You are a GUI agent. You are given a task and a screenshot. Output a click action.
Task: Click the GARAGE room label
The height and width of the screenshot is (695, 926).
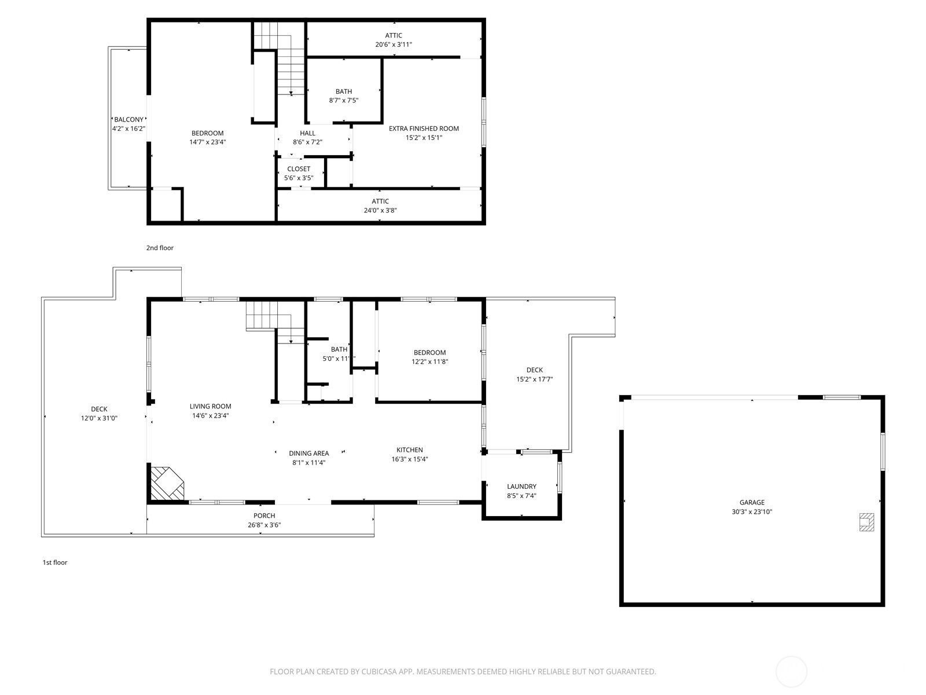pos(752,502)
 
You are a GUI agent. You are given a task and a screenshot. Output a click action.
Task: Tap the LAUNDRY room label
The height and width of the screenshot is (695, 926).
pos(521,486)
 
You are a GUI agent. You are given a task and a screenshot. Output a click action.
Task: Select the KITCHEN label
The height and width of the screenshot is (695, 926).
pos(409,450)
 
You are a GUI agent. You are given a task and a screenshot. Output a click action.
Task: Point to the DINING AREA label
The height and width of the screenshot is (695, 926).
pos(309,453)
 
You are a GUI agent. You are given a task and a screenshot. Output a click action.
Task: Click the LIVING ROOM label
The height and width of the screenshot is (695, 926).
pos(210,407)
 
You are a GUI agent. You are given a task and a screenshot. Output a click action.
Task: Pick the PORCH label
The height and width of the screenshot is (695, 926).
pos(264,515)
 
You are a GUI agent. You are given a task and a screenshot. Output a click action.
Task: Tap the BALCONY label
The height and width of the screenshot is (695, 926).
pos(128,119)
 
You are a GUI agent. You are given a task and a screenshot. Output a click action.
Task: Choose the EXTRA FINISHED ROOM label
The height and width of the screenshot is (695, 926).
pos(424,128)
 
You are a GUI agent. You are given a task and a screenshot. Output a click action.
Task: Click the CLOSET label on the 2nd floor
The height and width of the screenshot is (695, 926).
pos(299,169)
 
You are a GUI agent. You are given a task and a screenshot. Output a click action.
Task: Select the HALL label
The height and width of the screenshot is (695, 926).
pos(307,133)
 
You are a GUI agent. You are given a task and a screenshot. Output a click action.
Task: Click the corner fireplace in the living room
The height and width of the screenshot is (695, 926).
pos(167,484)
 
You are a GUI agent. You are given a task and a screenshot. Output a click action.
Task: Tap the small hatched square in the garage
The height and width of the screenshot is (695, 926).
pos(866,522)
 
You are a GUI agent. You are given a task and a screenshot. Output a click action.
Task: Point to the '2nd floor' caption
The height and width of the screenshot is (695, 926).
pos(160,248)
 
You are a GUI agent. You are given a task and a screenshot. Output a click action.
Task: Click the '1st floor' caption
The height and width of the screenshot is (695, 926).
pos(55,562)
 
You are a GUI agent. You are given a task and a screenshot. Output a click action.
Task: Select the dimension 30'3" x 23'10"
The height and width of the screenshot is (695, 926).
pos(752,511)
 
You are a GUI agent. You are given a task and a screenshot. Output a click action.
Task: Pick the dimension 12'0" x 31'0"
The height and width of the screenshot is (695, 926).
pos(99,418)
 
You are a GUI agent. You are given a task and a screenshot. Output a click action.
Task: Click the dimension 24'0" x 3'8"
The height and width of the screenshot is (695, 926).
pos(380,210)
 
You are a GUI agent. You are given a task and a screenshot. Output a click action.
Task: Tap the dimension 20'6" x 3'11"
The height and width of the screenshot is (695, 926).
pos(394,45)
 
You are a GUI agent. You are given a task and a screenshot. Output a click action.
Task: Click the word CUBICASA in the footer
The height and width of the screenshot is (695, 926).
pos(379,671)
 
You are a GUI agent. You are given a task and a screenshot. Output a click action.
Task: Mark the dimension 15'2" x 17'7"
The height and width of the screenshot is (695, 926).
pos(535,379)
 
